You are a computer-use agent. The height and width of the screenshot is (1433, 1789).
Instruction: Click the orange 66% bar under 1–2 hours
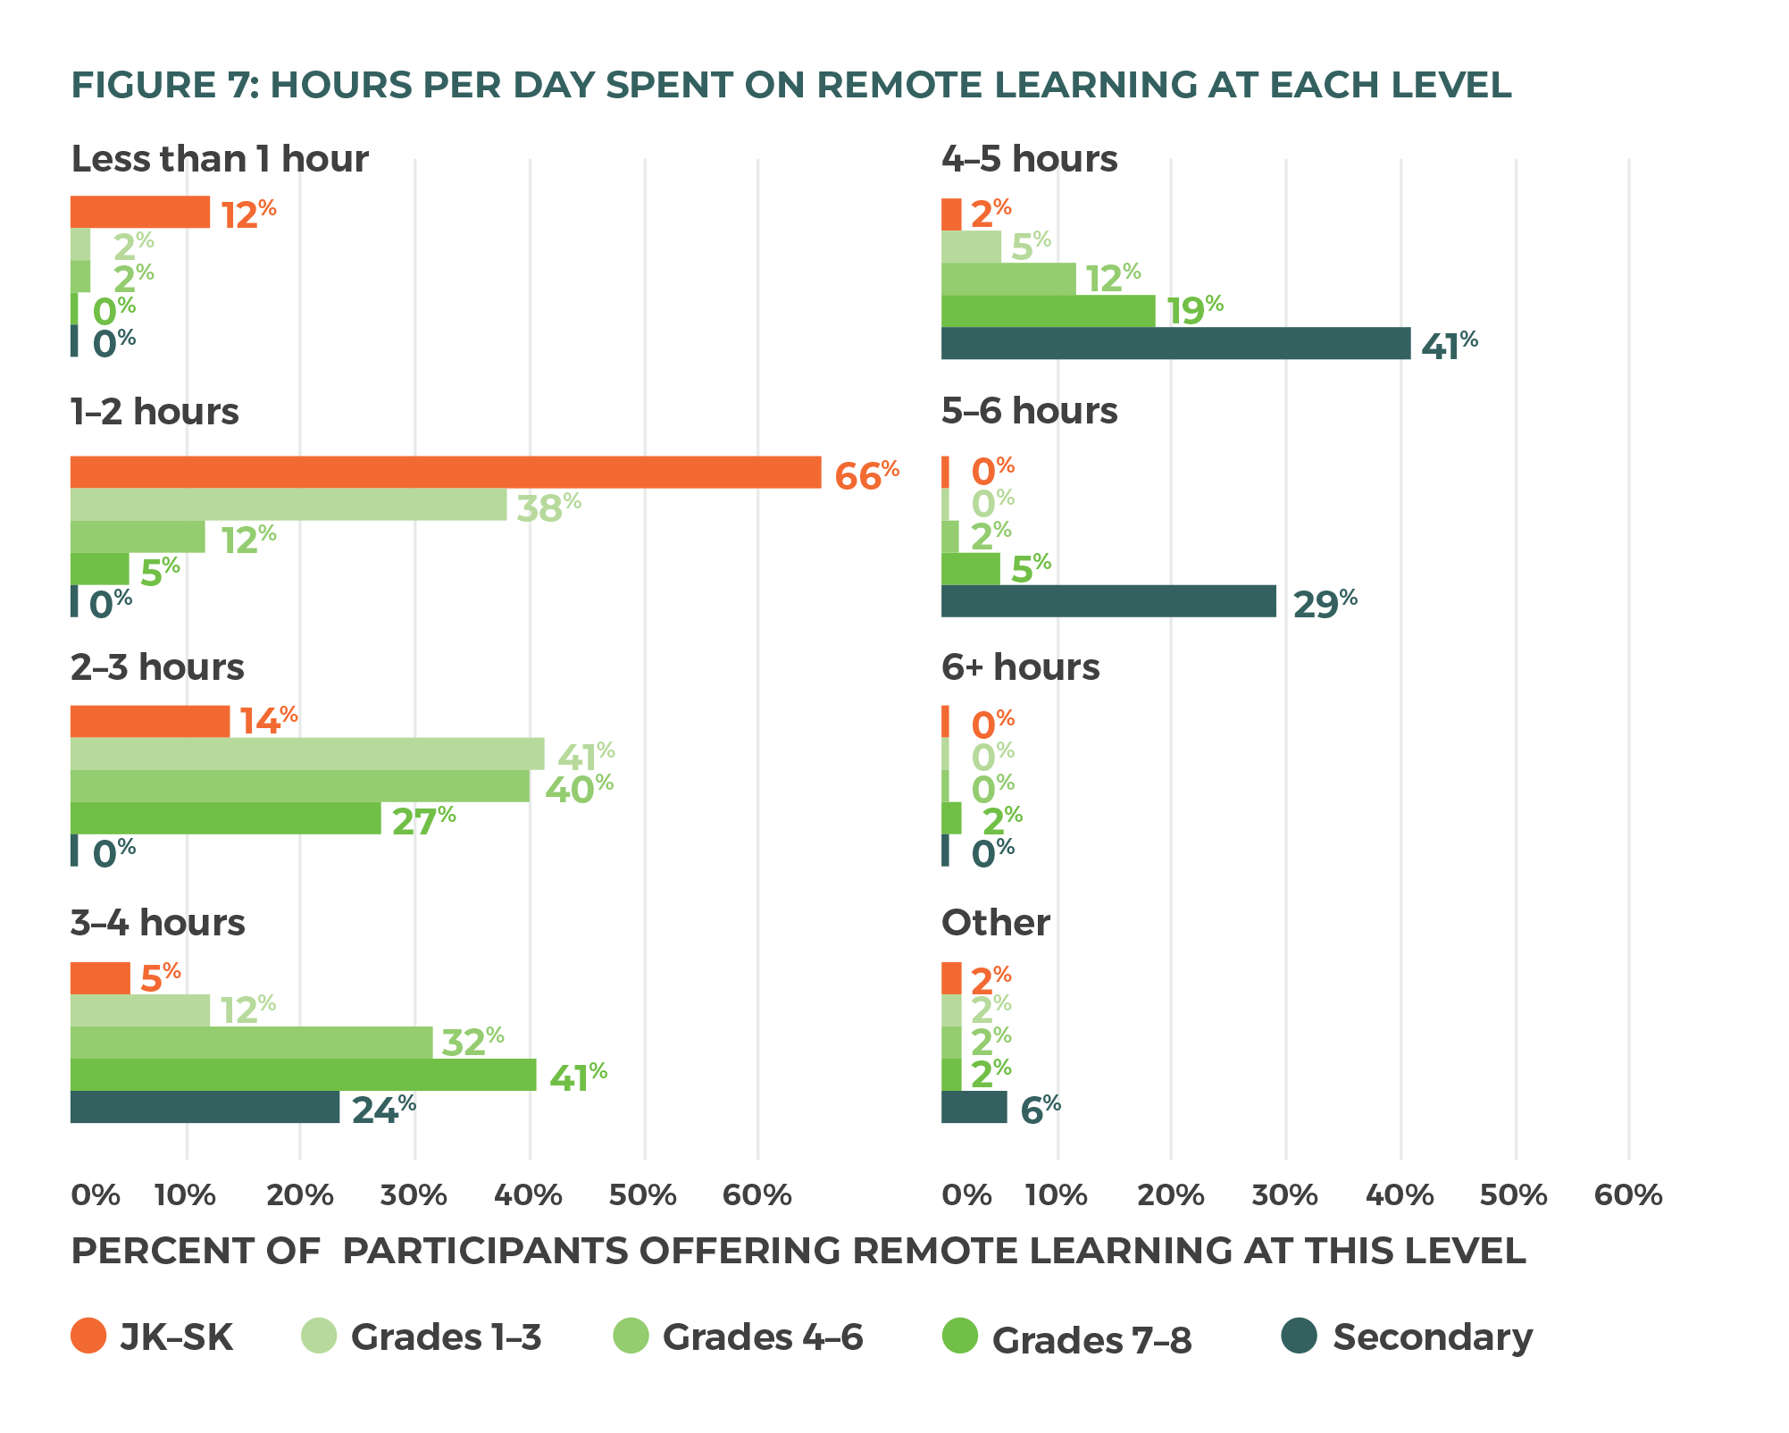(445, 473)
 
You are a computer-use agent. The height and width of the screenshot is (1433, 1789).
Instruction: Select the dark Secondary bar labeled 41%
(1175, 344)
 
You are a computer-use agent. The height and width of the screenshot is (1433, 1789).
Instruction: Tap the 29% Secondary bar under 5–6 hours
(1108, 601)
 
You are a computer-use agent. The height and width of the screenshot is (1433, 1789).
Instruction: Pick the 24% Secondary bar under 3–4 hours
(205, 1107)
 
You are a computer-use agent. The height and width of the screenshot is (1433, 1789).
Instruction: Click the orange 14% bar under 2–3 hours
(149, 721)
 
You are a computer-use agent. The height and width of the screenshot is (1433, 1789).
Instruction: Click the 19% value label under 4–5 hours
(1194, 311)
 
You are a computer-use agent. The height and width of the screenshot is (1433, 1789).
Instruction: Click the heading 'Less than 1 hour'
(219, 160)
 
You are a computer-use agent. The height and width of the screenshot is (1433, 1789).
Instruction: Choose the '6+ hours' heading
(1020, 667)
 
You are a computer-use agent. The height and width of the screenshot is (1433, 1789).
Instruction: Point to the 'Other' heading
(995, 923)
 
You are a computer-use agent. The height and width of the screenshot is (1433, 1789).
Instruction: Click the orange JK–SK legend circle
(88, 1336)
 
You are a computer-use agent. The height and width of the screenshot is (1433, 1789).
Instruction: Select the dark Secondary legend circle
(1299, 1336)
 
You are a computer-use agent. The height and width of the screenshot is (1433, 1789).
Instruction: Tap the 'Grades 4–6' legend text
(763, 1337)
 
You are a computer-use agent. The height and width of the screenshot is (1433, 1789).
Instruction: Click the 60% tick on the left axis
(757, 1195)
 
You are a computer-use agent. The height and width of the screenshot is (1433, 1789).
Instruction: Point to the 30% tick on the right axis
(1284, 1195)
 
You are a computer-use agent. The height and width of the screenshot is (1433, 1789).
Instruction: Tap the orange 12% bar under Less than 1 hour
(139, 213)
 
